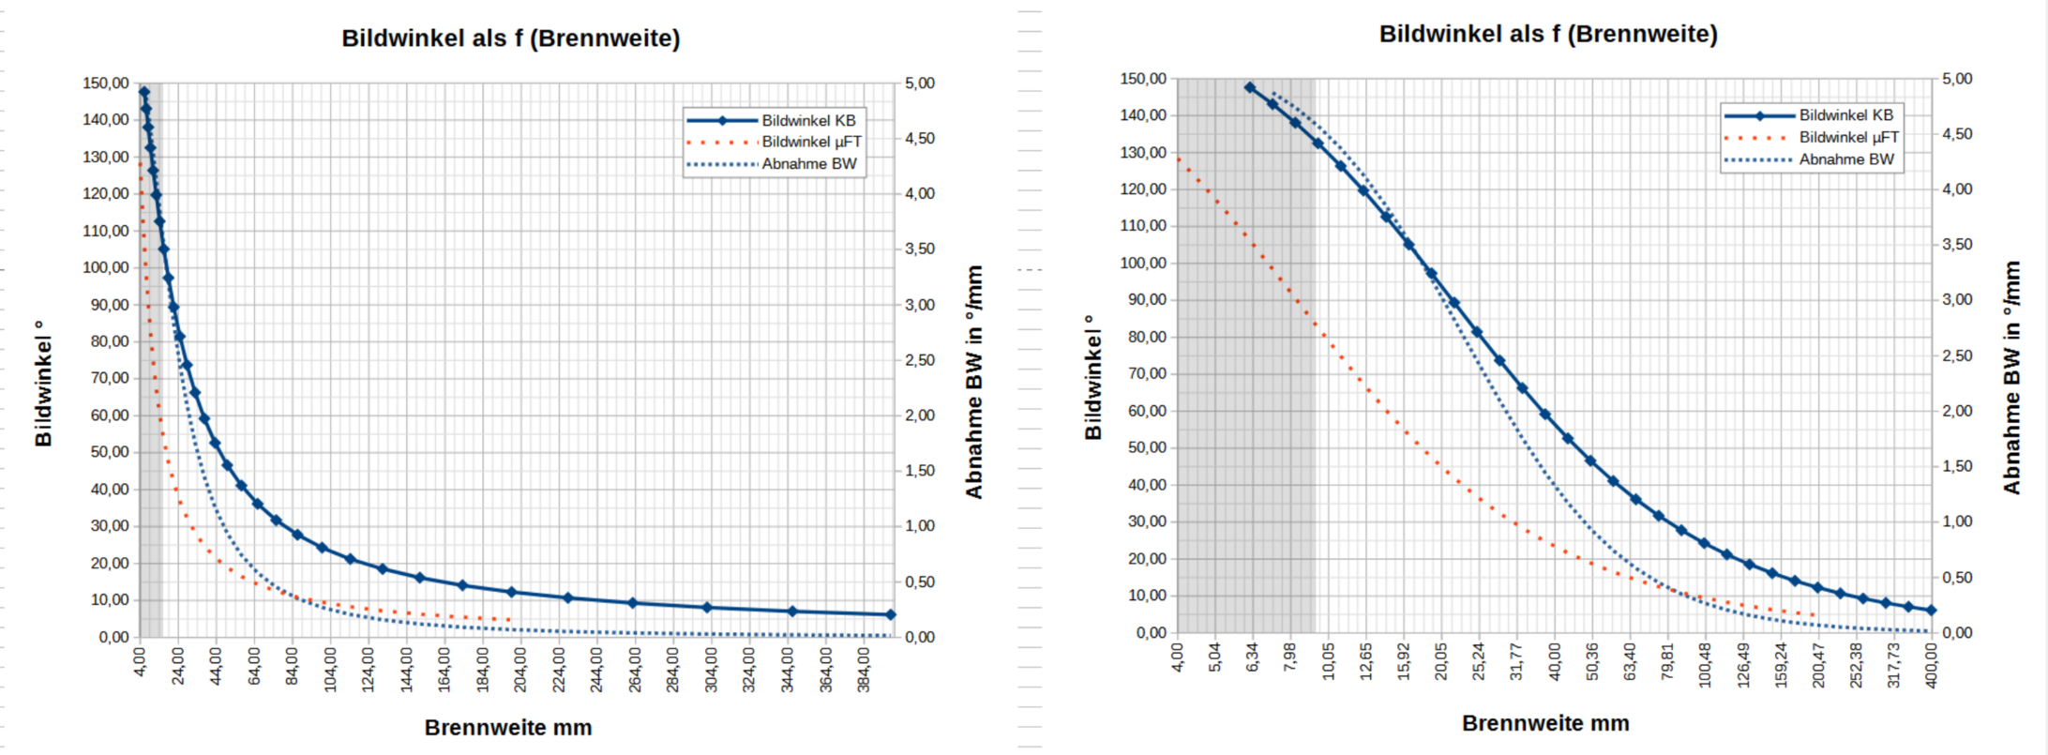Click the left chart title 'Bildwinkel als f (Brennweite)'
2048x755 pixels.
pos(510,38)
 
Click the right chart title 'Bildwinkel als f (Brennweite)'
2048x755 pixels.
pos(1547,35)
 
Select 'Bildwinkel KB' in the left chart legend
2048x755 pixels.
pos(808,121)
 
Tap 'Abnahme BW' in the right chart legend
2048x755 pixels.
pos(1845,159)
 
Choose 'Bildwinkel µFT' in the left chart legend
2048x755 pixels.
pos(811,143)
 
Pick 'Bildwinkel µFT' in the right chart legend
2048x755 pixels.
pos(1848,138)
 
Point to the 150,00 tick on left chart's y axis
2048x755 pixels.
pos(106,83)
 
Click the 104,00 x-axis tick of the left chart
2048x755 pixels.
pos(330,669)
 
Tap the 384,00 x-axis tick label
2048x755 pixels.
pos(864,669)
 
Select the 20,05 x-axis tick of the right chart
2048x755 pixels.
pos(1441,661)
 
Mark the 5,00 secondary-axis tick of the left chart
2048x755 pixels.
pos(920,83)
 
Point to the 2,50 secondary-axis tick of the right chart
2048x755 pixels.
pos(1957,356)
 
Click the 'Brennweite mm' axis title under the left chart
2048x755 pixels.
pos(508,728)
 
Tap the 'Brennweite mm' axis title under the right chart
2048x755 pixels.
pos(1545,723)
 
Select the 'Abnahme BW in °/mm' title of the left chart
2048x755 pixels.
pos(974,382)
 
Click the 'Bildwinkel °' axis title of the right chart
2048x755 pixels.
pos(1092,377)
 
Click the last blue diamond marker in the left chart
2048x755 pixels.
pos(891,615)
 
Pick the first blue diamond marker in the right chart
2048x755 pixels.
pos(1250,87)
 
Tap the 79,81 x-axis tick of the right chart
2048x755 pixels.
pos(1667,661)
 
